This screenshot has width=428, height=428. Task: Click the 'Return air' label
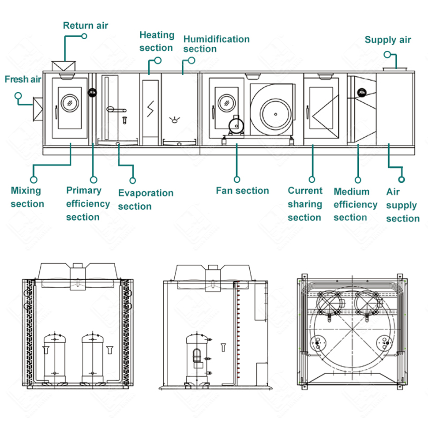click(x=85, y=25)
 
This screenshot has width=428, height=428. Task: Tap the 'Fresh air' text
click(x=23, y=79)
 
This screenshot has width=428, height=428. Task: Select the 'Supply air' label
click(x=387, y=40)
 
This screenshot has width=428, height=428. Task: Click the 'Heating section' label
click(x=157, y=41)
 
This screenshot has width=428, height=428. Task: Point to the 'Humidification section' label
click(x=216, y=44)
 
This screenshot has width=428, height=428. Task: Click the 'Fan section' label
click(x=242, y=191)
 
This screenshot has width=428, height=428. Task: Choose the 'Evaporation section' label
click(x=145, y=199)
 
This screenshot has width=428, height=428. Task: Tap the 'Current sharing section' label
click(x=305, y=204)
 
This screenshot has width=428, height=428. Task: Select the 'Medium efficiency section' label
click(x=355, y=204)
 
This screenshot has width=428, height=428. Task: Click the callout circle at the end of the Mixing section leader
click(x=34, y=180)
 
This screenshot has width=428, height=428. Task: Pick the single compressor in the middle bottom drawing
click(x=197, y=357)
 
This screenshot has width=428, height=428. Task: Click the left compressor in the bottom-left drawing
click(x=55, y=357)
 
